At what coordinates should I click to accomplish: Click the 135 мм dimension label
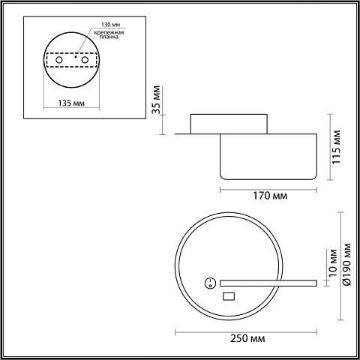(71, 103)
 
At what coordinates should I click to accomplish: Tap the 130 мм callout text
(110, 25)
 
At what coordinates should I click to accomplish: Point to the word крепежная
(109, 33)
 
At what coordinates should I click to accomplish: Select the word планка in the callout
(109, 37)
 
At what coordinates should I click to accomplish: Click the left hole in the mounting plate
(59, 60)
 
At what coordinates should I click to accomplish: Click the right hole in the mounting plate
(85, 60)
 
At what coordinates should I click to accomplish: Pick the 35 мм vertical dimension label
(157, 100)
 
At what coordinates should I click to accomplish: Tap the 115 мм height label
(336, 147)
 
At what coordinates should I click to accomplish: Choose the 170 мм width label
(270, 196)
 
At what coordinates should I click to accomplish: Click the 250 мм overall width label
(247, 339)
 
